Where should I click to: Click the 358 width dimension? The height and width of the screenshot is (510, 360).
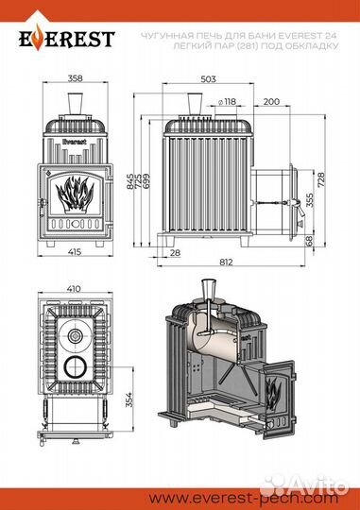(76, 78)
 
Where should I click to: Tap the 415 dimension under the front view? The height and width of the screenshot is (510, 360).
(76, 251)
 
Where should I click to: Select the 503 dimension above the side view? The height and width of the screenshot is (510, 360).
(208, 79)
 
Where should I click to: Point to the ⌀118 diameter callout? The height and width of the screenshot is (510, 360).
(227, 102)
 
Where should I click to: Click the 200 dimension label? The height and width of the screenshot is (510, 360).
(271, 102)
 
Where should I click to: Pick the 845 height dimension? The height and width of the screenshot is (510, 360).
(129, 181)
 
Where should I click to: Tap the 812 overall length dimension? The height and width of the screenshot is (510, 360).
(226, 262)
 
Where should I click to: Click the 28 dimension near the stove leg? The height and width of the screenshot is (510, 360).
(175, 253)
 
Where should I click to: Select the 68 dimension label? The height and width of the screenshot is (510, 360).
(309, 241)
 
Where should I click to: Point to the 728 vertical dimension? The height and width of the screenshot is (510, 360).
(321, 179)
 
